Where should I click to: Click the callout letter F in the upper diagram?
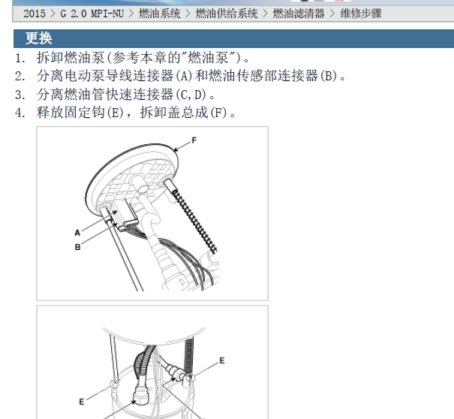pyautogui.click(x=194, y=140)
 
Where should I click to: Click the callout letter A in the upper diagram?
pyautogui.click(x=77, y=234)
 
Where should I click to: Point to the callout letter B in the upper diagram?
pyautogui.click(x=77, y=246)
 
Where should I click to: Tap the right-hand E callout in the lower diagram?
pyautogui.click(x=221, y=360)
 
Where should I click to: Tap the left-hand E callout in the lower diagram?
pyautogui.click(x=82, y=402)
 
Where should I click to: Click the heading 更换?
pyautogui.click(x=38, y=38)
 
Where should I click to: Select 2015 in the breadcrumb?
pyautogui.click(x=35, y=14)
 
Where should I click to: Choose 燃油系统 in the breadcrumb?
pyautogui.click(x=160, y=14)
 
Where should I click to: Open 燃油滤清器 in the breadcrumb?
pyautogui.click(x=298, y=14)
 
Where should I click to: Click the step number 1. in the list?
pyautogui.click(x=20, y=58)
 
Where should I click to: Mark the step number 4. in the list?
pyautogui.click(x=20, y=113)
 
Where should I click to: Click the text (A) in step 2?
pyautogui.click(x=184, y=77)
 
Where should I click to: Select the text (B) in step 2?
pyautogui.click(x=329, y=77)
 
